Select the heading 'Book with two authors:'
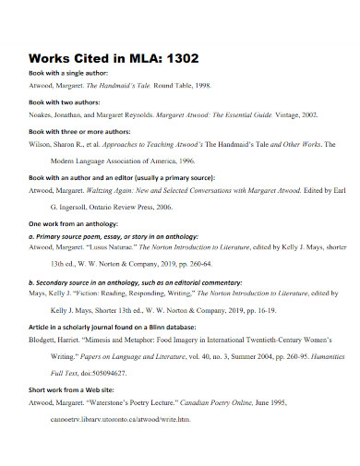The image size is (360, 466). click(x=59, y=102)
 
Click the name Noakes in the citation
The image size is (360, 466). click(x=43, y=114)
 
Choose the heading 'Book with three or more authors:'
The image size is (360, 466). click(x=78, y=132)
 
